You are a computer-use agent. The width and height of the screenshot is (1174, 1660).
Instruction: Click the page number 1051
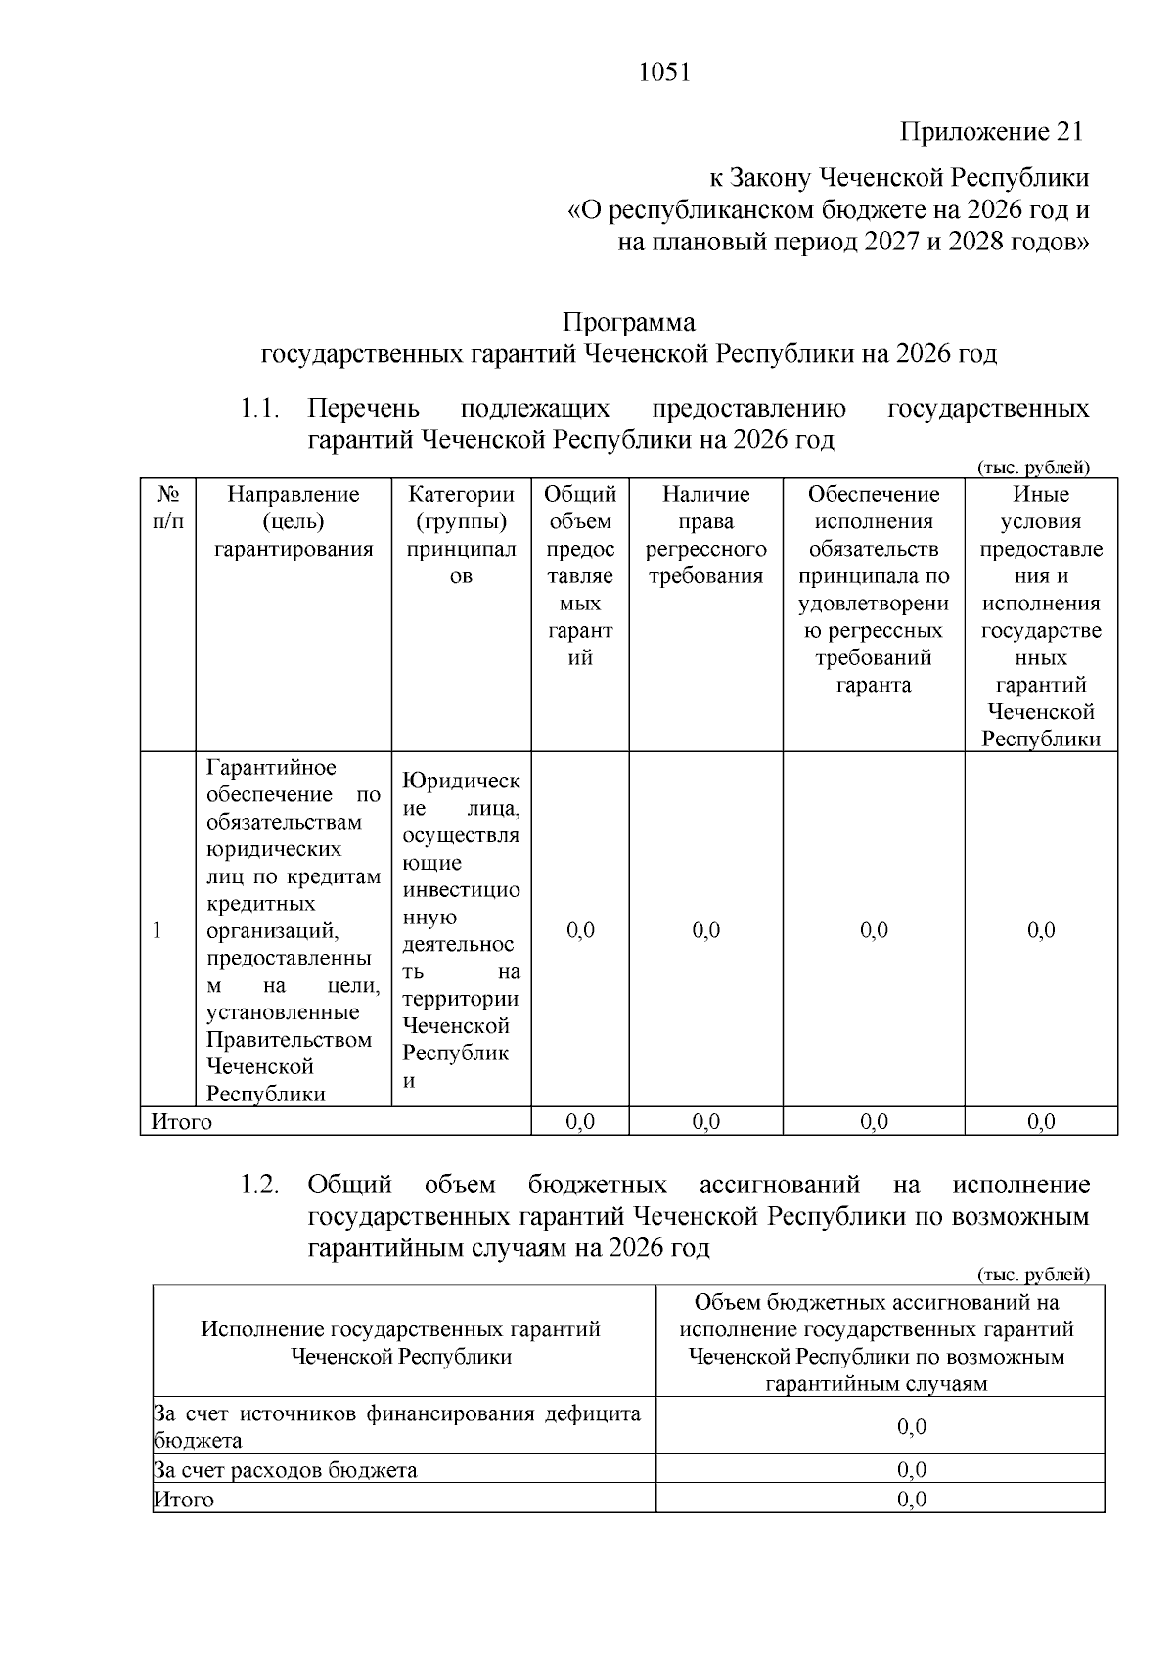(x=663, y=73)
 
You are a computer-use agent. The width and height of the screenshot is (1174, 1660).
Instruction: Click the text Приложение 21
(x=991, y=132)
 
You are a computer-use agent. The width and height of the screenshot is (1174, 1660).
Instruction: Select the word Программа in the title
(x=628, y=322)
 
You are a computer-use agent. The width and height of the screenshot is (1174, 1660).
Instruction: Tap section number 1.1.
(x=260, y=408)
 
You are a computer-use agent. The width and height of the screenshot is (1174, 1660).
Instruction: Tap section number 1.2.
(x=260, y=1186)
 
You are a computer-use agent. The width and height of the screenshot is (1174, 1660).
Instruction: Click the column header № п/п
(x=167, y=508)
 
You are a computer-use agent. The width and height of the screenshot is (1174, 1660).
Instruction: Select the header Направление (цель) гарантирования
(x=293, y=521)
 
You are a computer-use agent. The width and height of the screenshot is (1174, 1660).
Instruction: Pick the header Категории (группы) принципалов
(x=461, y=535)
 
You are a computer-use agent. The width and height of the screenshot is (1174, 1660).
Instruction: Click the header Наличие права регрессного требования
(x=705, y=535)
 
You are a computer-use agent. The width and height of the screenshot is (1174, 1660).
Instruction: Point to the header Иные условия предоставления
(x=1041, y=616)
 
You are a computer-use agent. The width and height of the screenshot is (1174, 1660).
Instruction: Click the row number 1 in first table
(x=157, y=930)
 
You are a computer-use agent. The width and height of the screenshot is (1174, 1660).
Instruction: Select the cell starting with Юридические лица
(x=461, y=930)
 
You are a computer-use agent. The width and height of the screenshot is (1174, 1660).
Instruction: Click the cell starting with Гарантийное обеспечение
(x=293, y=930)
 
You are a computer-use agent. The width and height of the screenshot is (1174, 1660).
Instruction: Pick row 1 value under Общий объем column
(x=580, y=930)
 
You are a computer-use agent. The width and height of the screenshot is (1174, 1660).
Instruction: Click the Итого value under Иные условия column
(x=1041, y=1122)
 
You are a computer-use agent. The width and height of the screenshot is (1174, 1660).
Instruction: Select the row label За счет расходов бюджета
(x=286, y=1470)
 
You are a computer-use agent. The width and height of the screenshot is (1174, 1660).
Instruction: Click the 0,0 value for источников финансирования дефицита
(x=912, y=1427)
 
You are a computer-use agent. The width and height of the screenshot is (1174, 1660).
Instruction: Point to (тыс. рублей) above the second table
(x=1033, y=1275)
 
